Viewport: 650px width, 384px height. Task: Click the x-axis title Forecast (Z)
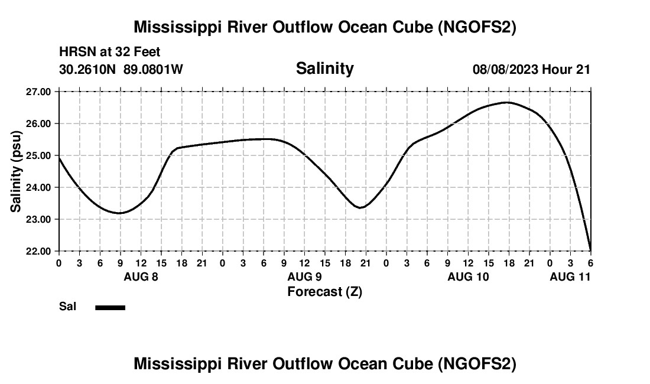[324, 292]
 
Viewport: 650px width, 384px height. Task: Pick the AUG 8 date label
[141, 276]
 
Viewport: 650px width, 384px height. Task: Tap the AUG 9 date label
[304, 276]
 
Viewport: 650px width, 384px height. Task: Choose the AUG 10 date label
[468, 276]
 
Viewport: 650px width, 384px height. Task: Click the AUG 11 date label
[570, 276]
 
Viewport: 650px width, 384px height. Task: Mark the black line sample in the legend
[110, 307]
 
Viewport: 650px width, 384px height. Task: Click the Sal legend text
[67, 307]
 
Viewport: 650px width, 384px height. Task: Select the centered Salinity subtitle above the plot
[324, 69]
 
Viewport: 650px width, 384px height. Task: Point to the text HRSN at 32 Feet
[109, 53]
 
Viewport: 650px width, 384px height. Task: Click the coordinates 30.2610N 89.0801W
[121, 70]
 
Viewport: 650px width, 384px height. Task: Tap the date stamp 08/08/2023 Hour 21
[531, 70]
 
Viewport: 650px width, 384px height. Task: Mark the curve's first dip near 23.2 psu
[119, 213]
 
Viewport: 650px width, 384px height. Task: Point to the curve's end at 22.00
[590, 250]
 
